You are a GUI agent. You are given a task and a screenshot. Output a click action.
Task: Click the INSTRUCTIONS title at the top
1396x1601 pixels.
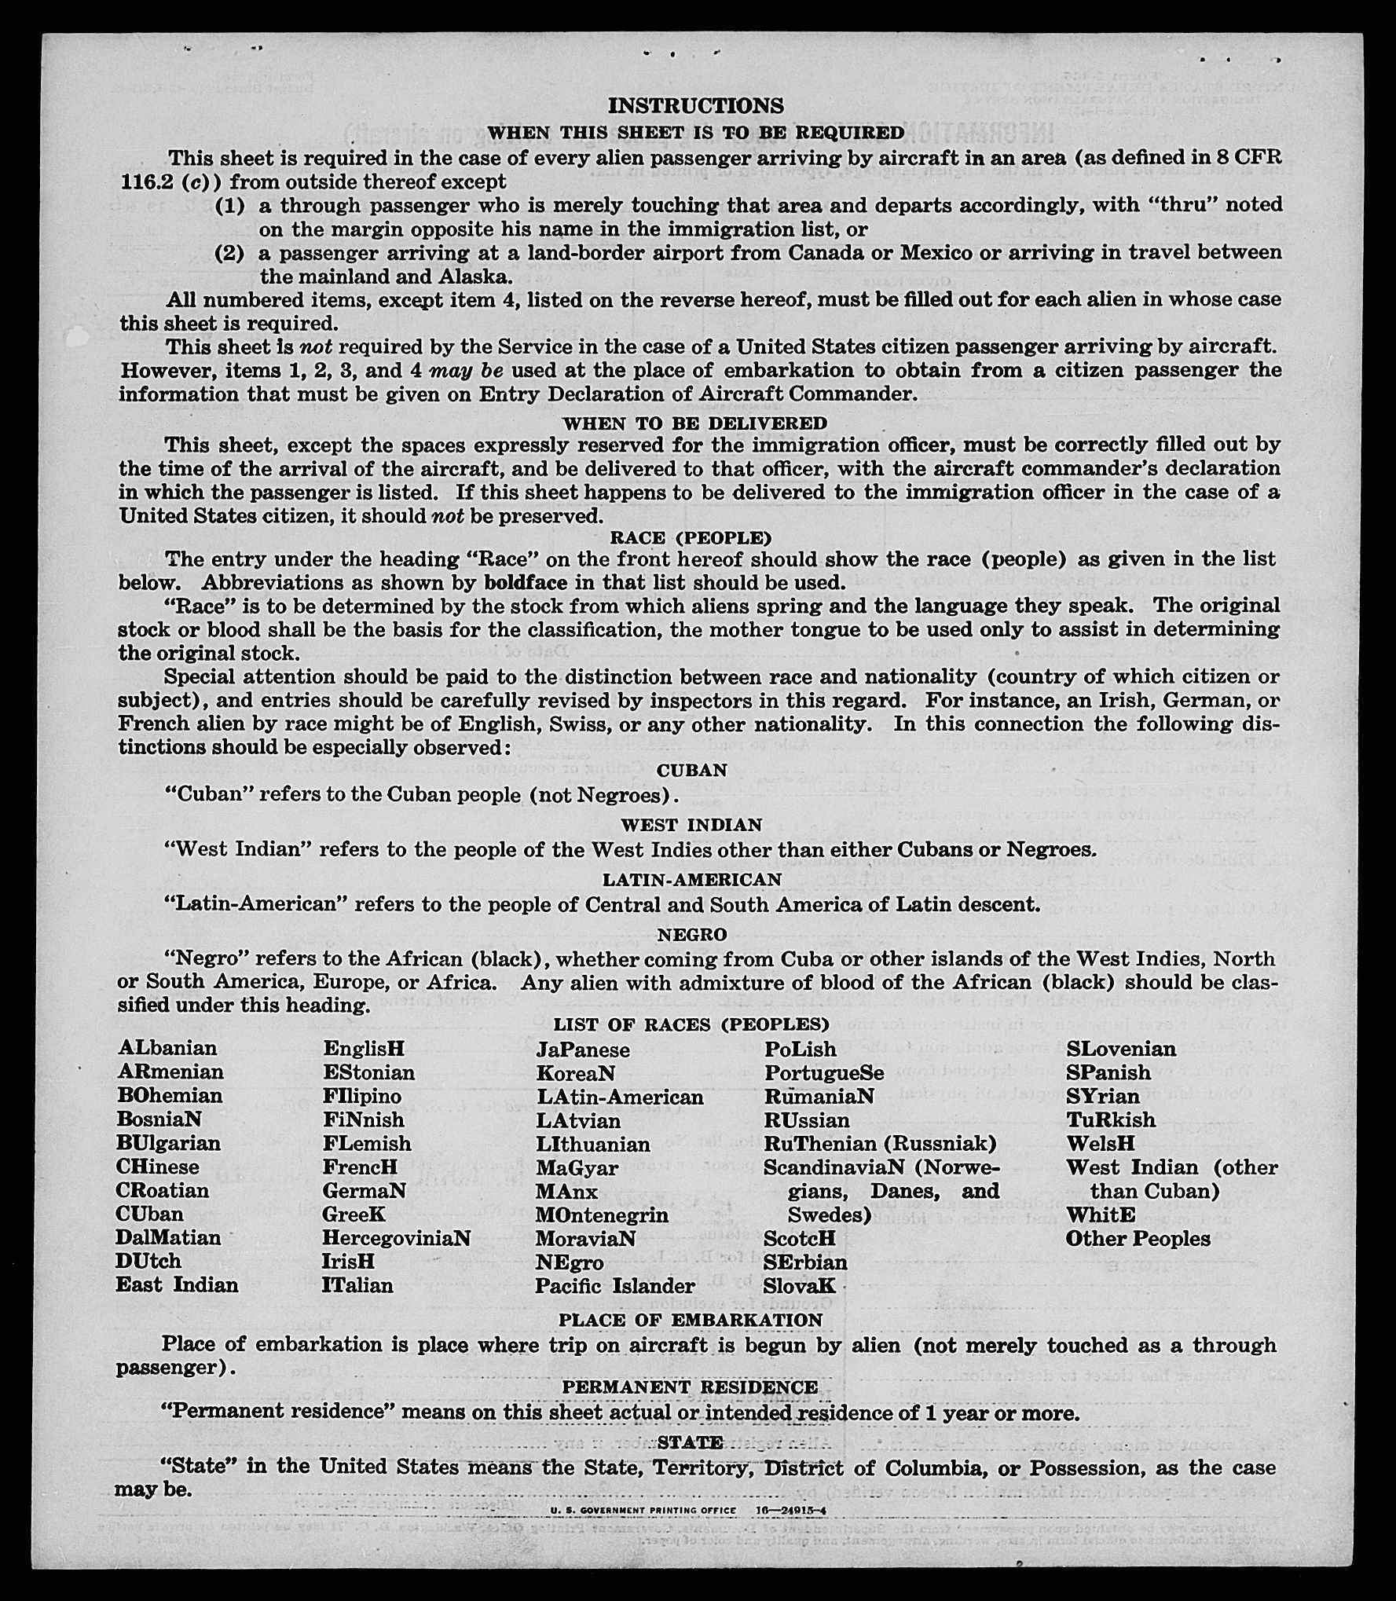[695, 105]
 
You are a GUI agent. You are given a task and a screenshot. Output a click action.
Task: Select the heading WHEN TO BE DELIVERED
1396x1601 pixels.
[694, 423]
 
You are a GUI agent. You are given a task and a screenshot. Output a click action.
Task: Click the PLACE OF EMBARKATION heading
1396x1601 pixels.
[691, 1320]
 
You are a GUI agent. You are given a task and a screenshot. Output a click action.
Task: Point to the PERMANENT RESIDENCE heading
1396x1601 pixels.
[689, 1387]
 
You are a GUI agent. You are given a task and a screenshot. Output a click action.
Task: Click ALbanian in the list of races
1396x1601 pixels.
[167, 1048]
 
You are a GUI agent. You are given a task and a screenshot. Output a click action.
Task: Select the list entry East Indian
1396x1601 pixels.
[177, 1285]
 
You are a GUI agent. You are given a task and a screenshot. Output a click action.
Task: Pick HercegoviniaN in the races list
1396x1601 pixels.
[396, 1238]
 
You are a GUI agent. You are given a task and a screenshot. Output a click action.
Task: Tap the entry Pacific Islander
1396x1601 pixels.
[615, 1286]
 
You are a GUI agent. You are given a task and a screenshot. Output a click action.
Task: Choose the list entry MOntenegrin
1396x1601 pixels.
[602, 1215]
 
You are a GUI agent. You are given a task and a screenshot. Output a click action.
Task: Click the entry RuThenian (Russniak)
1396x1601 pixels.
[880, 1143]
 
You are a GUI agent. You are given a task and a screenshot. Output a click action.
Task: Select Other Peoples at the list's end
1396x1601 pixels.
[1138, 1239]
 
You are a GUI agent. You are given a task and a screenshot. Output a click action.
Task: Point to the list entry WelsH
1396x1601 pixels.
[1100, 1143]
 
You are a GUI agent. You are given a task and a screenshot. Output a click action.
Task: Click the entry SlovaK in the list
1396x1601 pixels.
[799, 1286]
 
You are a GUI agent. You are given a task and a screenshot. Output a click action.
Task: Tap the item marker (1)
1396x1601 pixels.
[229, 205]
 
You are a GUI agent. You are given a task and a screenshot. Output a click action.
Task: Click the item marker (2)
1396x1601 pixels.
[229, 253]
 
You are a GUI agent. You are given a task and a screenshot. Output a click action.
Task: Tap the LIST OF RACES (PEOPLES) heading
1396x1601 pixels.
[691, 1024]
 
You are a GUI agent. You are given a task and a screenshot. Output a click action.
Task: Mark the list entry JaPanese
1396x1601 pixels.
[583, 1050]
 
